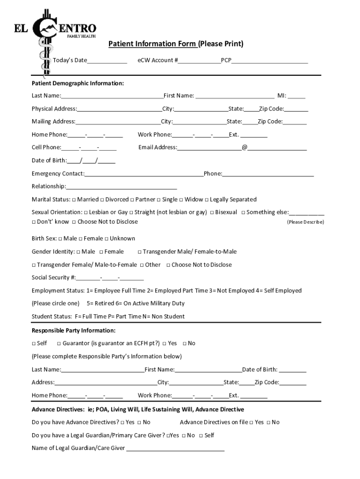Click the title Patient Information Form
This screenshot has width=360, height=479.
(x=152, y=44)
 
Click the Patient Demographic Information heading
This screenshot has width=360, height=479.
(x=78, y=83)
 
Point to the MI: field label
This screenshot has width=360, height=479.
(x=282, y=96)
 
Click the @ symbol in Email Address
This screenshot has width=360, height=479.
(x=245, y=147)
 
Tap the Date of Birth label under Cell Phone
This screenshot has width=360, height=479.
(x=49, y=160)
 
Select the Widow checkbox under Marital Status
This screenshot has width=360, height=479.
(x=181, y=200)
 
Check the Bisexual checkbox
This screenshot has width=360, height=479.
(x=212, y=212)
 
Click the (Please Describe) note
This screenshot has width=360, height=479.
(x=305, y=222)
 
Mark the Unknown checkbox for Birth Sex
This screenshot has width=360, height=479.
(x=106, y=239)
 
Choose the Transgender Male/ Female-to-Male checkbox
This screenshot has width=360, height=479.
(x=139, y=252)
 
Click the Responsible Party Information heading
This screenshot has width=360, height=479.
(x=73, y=330)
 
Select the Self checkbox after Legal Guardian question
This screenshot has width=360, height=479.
(x=201, y=435)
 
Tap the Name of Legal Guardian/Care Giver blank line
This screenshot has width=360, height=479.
(x=175, y=448)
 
